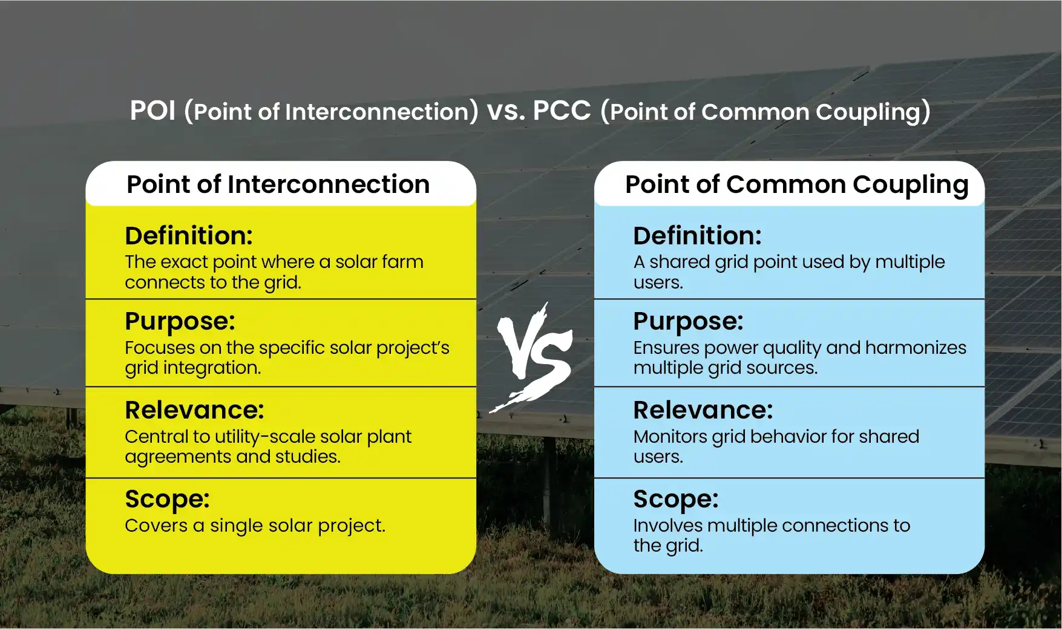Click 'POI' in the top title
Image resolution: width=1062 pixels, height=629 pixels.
(152, 111)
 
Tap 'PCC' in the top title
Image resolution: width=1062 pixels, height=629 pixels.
(562, 111)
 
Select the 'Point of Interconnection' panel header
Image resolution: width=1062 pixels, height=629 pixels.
(278, 184)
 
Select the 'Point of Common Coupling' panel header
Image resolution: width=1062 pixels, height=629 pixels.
(796, 184)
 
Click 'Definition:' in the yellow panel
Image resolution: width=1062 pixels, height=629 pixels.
(189, 236)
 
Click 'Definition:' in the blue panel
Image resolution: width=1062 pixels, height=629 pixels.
(697, 236)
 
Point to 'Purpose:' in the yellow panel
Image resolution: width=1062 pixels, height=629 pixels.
(180, 322)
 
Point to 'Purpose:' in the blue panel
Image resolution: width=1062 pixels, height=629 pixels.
(688, 322)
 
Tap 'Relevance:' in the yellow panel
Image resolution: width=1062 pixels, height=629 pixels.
(194, 410)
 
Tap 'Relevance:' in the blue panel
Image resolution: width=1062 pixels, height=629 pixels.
(703, 410)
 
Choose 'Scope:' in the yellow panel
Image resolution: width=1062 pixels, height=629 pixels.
(167, 500)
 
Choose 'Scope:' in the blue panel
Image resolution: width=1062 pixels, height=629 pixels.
(675, 500)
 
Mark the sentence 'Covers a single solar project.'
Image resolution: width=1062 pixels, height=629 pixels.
(255, 526)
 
